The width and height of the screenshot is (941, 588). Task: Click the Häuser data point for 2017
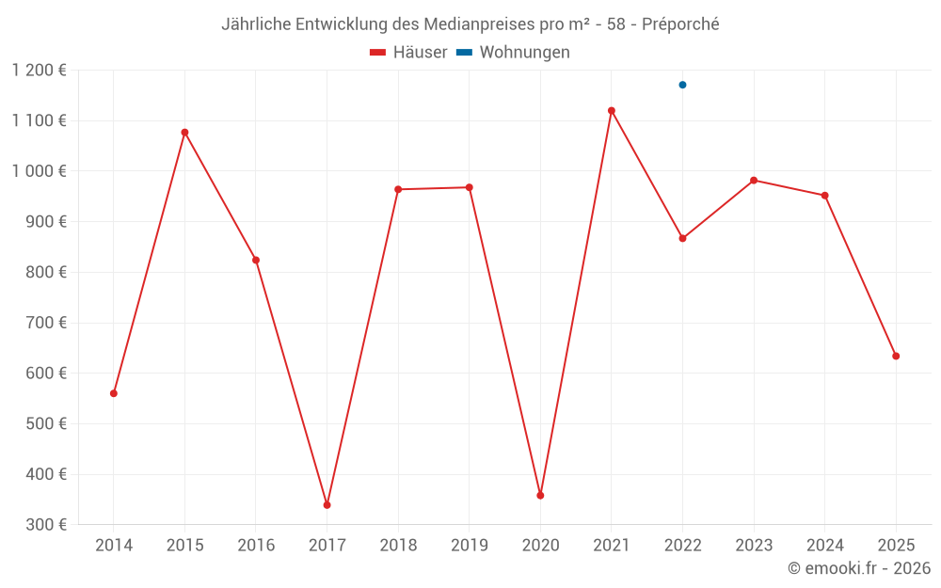[x=327, y=505]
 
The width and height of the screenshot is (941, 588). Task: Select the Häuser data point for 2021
[x=612, y=111]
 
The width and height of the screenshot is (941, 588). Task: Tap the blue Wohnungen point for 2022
[x=682, y=85]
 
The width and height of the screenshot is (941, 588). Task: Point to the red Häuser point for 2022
[x=682, y=238]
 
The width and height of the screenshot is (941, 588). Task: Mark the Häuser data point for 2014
[x=114, y=393]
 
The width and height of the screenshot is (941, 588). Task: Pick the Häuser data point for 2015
[x=184, y=133]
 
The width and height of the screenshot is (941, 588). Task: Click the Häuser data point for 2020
[x=540, y=495]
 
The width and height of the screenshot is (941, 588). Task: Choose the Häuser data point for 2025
[x=896, y=356]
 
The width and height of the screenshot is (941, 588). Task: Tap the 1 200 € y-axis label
[x=40, y=70]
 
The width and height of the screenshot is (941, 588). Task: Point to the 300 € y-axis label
[x=45, y=524]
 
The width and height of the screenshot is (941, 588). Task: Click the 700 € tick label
[x=45, y=323]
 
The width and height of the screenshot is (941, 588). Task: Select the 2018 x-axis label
[x=398, y=546]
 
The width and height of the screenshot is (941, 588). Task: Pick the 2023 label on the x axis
[x=754, y=546]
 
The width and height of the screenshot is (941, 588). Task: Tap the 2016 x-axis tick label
[x=256, y=546]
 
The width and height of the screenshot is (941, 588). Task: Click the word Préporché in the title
[x=680, y=24]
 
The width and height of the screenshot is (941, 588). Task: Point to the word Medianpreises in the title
[x=483, y=24]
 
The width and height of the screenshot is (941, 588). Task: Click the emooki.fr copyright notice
[x=859, y=568]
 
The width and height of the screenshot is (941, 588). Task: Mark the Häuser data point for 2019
[x=469, y=187]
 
